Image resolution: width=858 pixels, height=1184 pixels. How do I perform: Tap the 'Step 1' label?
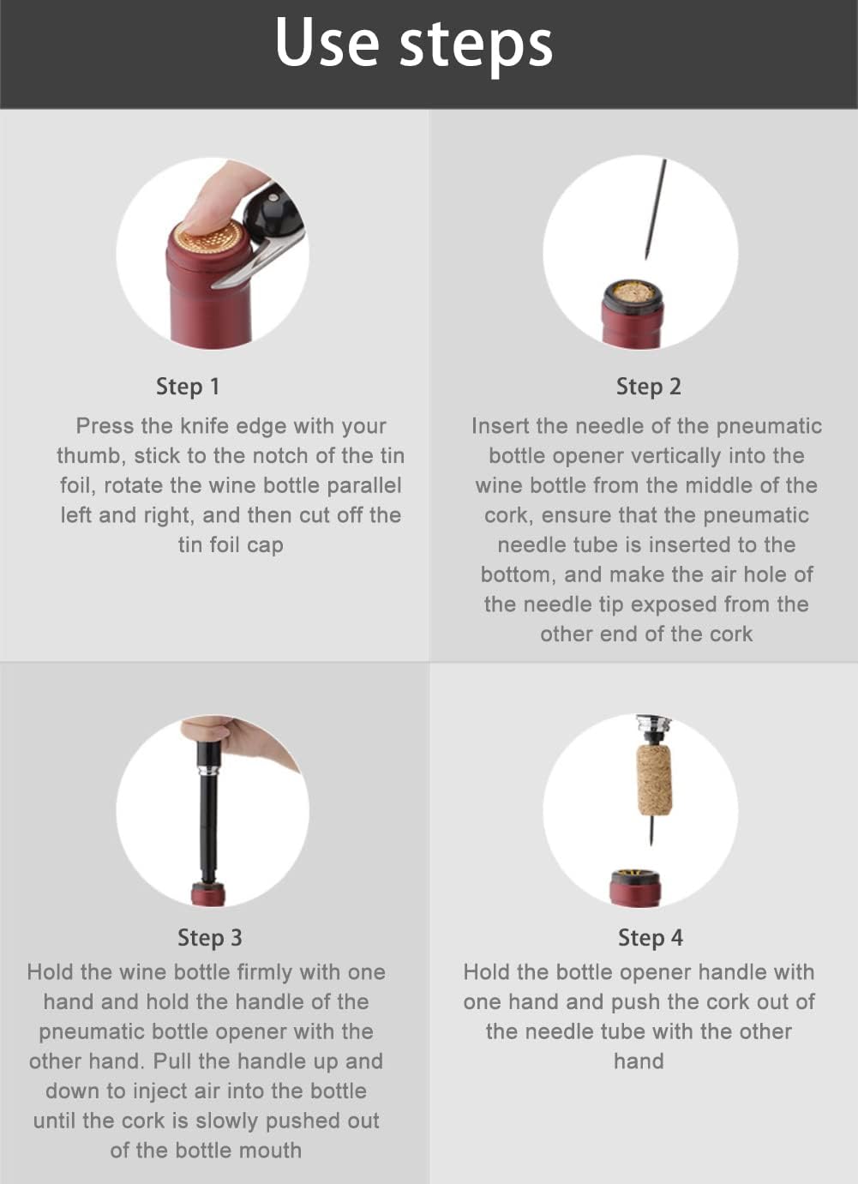click(188, 387)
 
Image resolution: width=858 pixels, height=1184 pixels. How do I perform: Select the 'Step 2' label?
click(648, 387)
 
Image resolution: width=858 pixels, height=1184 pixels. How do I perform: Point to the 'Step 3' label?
click(209, 937)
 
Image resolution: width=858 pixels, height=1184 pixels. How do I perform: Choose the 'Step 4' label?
click(650, 937)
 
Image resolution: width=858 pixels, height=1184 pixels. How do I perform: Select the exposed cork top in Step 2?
click(633, 292)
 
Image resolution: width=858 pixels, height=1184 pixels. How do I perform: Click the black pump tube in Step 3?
click(209, 823)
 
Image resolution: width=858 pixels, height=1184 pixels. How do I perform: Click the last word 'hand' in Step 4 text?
click(639, 1061)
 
